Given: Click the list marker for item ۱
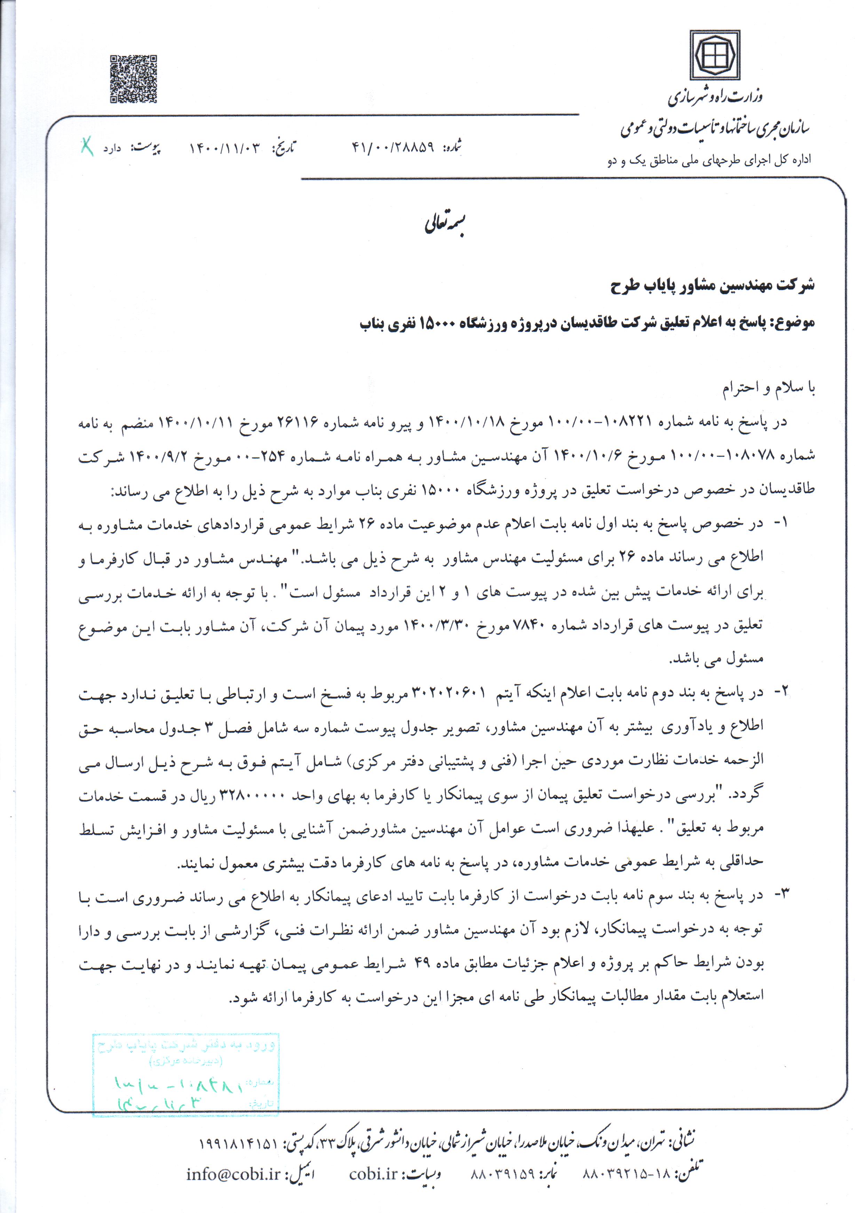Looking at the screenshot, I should tap(781, 523).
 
